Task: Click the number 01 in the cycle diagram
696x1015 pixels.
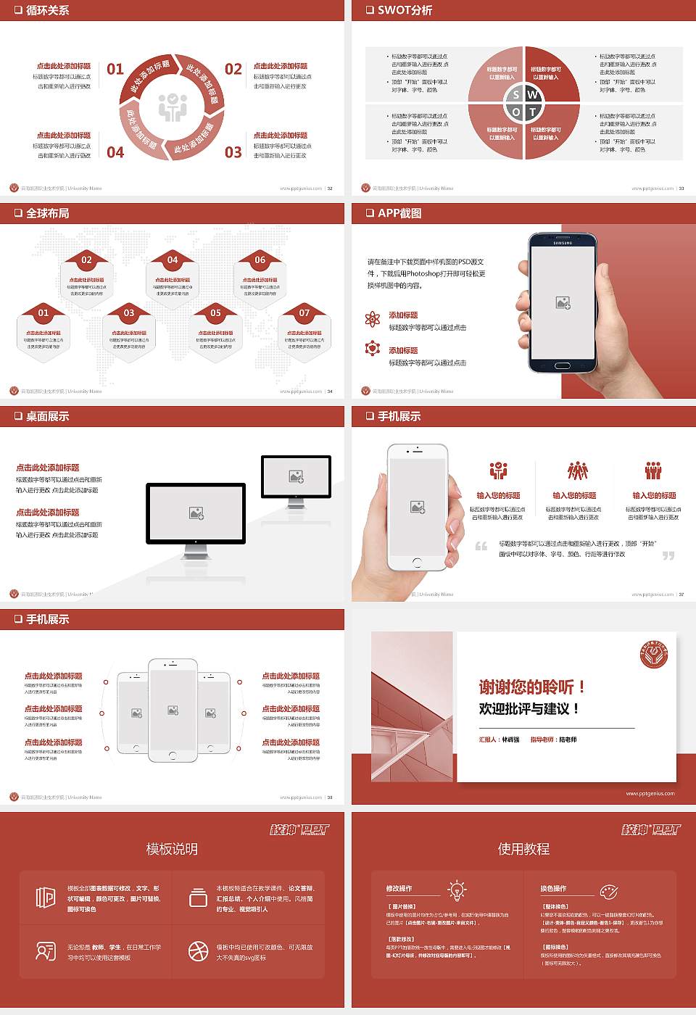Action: (115, 69)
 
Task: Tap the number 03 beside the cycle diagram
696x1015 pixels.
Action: (233, 152)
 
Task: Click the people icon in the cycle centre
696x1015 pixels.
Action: (173, 107)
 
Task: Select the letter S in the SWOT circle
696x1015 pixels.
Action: (515, 95)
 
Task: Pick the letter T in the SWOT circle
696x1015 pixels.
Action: (533, 112)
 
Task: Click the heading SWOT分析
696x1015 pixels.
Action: (405, 10)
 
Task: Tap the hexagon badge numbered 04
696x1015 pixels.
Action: (173, 260)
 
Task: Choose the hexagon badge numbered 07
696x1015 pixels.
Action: (304, 313)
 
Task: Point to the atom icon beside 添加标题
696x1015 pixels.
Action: (373, 319)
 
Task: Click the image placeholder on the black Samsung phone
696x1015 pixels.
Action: (563, 303)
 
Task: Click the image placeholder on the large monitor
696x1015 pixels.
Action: (196, 513)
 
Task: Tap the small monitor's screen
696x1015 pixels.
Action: (296, 476)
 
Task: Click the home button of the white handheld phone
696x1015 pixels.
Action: (417, 562)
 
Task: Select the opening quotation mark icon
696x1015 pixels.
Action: (481, 546)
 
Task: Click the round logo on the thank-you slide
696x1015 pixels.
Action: (653, 655)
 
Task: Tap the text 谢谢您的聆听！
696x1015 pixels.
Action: (531, 687)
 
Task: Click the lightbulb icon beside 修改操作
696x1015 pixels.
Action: (457, 890)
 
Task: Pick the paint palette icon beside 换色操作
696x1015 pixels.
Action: (608, 890)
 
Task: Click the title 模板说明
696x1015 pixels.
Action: (172, 849)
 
